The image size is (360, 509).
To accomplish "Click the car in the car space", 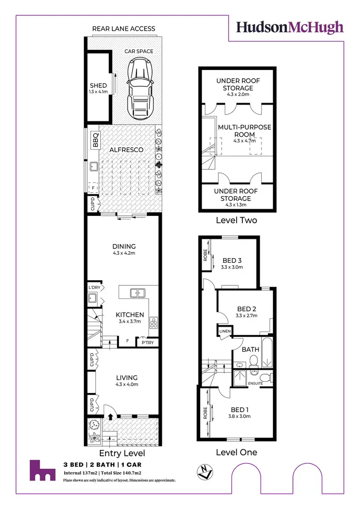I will click(139, 85).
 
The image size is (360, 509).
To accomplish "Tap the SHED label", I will click(98, 86).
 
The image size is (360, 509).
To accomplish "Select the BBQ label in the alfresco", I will click(95, 140).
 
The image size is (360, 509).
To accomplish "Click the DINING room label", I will click(124, 247).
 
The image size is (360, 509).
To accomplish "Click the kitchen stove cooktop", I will click(154, 322).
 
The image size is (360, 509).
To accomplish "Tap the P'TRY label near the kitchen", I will click(145, 343).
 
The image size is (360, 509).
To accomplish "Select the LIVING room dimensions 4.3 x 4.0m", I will click(126, 384).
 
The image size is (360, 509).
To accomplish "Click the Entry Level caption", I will click(121, 453).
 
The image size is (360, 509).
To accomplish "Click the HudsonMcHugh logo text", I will click(290, 27).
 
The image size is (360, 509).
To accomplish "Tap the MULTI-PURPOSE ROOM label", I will click(244, 131).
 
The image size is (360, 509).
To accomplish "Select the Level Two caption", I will click(236, 220).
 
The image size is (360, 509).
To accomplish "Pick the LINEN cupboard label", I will click(225, 331).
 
